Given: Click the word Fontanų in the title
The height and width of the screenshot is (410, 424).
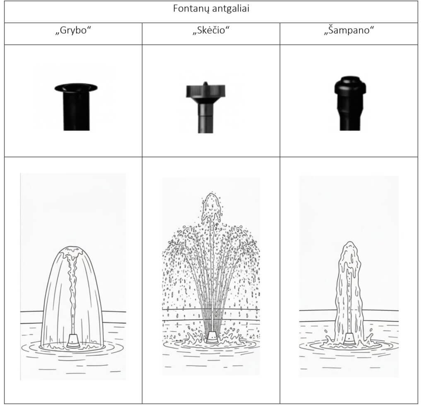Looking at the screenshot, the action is [191, 9].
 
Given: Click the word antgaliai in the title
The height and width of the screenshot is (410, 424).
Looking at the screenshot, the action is [230, 9].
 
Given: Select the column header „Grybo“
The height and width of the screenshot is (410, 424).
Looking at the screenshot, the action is [73, 30].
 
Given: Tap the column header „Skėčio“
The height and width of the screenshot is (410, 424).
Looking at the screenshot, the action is [211, 30].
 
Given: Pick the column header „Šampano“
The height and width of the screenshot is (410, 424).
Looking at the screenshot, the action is [349, 30].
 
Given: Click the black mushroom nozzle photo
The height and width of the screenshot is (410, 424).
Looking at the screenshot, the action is [76, 107].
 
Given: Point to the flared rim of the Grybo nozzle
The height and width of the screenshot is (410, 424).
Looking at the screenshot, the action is [76, 87].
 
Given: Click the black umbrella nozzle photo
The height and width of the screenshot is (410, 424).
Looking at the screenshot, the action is [205, 107].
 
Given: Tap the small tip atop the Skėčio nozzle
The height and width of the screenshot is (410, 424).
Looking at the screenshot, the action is [205, 83].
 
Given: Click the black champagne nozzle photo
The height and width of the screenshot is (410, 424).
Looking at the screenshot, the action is [350, 103].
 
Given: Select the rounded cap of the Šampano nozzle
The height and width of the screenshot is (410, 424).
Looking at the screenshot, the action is [350, 85].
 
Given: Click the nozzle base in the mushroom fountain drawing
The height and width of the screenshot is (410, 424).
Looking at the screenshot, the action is [73, 341].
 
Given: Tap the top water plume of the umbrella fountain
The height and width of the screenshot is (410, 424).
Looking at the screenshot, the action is [212, 207].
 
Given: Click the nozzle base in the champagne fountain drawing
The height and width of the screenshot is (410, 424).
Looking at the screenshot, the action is [349, 339].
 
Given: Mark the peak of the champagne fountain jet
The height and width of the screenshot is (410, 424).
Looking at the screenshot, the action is [350, 243].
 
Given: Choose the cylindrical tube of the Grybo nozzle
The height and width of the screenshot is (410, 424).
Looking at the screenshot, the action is [76, 111].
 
